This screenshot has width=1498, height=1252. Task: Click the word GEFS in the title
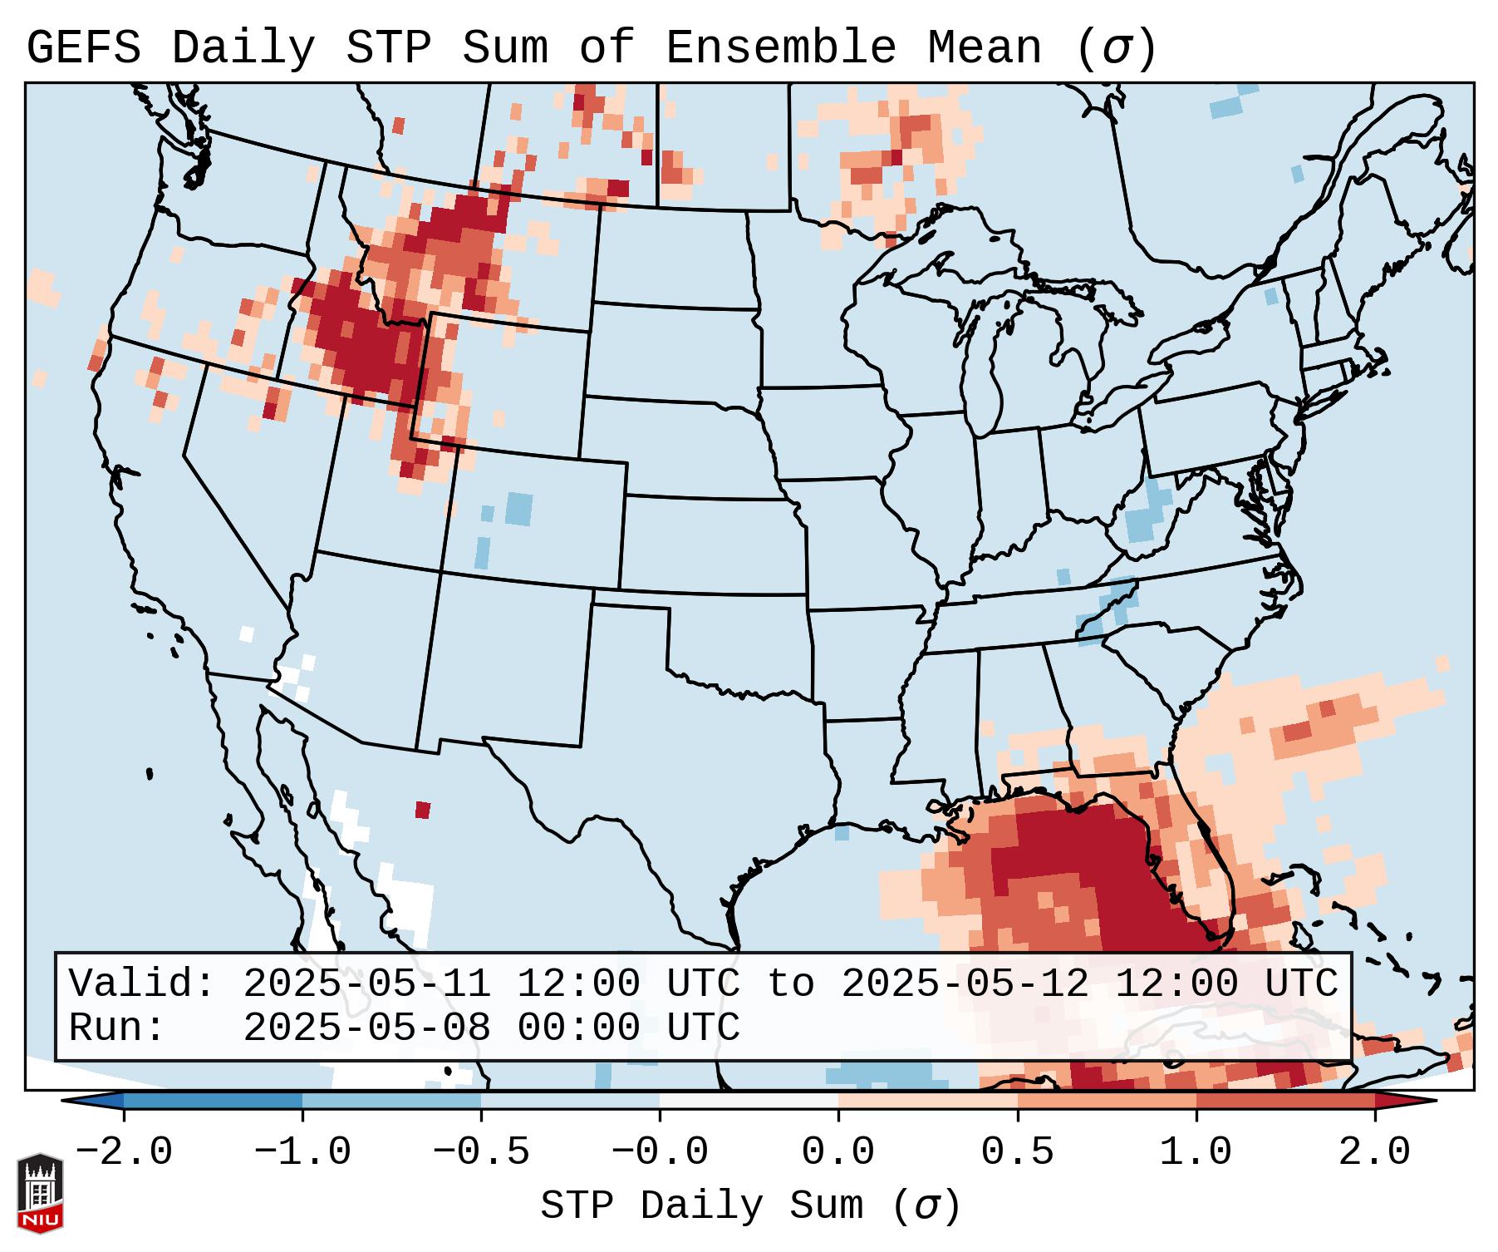pos(84,48)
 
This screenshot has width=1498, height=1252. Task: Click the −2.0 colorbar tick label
pos(124,1152)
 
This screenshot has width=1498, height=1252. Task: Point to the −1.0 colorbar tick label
pos(302,1152)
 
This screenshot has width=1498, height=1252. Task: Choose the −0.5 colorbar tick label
pos(481,1152)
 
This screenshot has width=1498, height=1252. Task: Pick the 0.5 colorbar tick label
pos(1017,1152)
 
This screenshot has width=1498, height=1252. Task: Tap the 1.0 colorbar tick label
pos(1196,1152)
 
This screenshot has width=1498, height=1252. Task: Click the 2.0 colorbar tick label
pos(1374,1152)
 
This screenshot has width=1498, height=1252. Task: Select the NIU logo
pos(40,1193)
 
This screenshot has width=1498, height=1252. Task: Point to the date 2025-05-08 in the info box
pos(366,1028)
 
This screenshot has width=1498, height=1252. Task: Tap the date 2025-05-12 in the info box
pos(965,983)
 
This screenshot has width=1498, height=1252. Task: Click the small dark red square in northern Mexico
pos(423,809)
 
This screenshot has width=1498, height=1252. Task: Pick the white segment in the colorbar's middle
pos(749,1101)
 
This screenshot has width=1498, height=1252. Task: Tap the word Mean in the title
pos(985,48)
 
